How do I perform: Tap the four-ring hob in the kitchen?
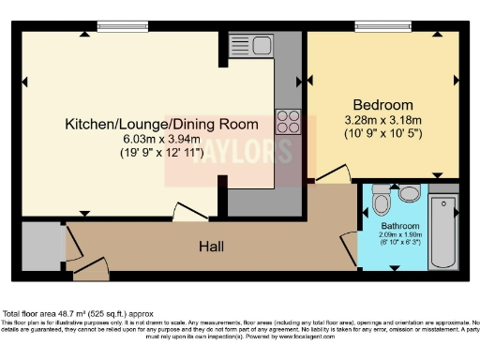tap(286, 121)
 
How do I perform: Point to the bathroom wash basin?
tap(410, 194)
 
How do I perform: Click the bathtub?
tap(443, 231)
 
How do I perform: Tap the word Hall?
tap(211, 246)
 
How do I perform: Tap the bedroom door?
tap(333, 173)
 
